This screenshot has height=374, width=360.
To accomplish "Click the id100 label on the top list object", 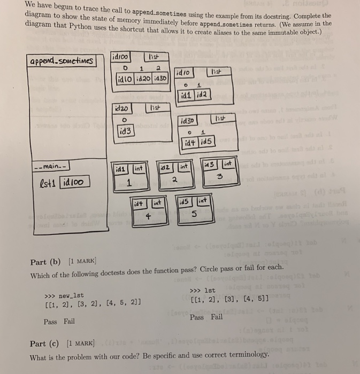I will coord(120,56).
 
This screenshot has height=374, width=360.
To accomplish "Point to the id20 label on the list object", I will coord(121,107).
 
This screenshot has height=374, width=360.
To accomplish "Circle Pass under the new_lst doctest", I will coord(51,321).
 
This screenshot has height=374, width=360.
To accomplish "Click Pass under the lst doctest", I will coord(197,317).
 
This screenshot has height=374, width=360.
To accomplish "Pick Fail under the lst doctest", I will coord(216,317).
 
